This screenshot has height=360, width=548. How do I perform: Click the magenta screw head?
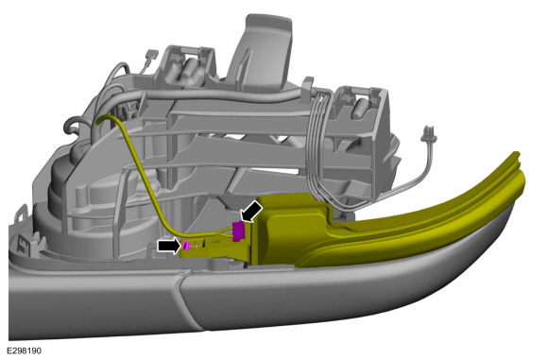click(186, 246)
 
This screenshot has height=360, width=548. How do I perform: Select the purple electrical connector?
click(239, 231)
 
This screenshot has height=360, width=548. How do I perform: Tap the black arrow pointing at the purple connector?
click(252, 211)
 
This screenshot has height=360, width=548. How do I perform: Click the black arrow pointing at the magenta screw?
click(169, 246)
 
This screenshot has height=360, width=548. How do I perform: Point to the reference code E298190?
click(25, 351)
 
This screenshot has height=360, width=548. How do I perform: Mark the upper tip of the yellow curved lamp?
click(516, 153)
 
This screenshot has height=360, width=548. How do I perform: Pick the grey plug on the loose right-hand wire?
click(429, 134)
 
